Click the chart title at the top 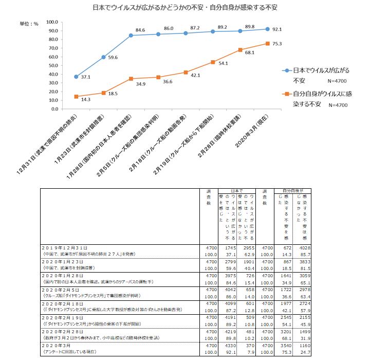[185, 8]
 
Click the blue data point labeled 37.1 [76, 77]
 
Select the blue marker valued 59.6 [103, 57]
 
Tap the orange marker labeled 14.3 [76, 97]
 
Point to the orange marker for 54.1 [213, 62]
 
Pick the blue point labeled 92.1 [267, 29]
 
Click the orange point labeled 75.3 [267, 44]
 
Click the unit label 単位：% [30, 24]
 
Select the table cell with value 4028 [305, 247]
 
